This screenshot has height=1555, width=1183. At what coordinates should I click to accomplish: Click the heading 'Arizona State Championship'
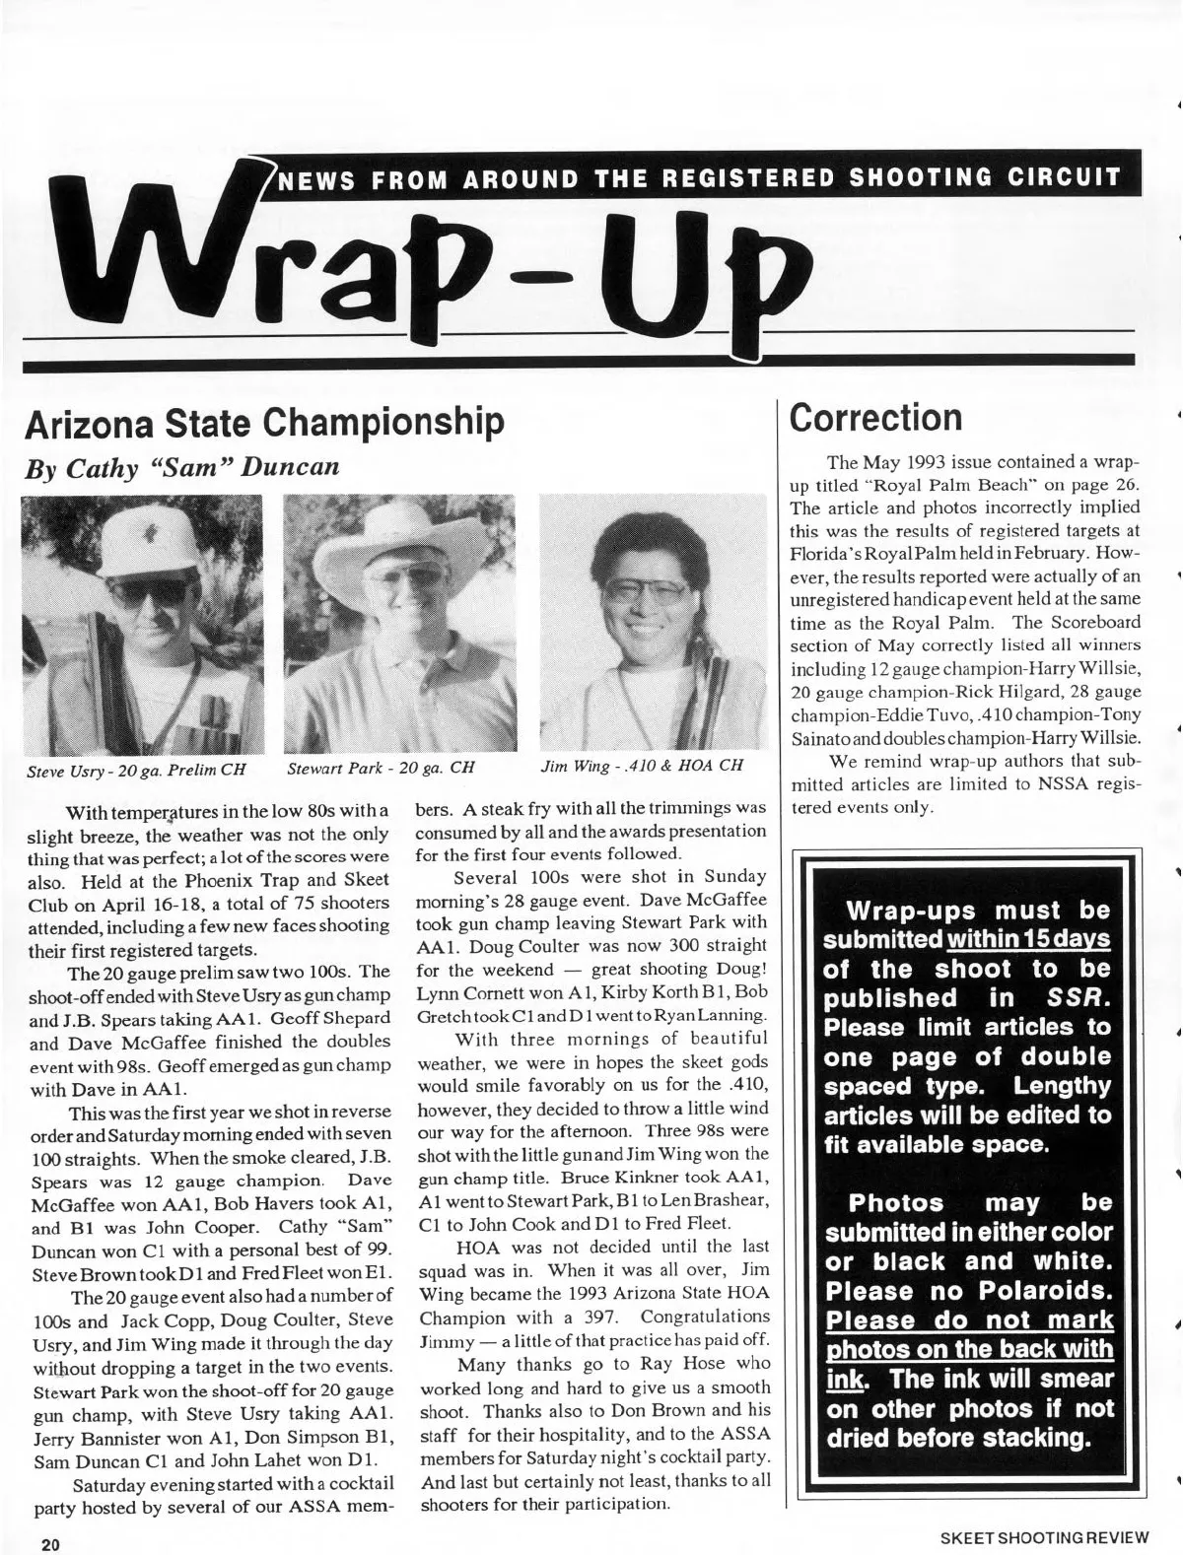[264, 423]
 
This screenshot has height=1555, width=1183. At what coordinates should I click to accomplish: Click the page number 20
[50, 1543]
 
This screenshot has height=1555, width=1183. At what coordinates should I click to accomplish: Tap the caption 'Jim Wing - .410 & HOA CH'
[641, 766]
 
